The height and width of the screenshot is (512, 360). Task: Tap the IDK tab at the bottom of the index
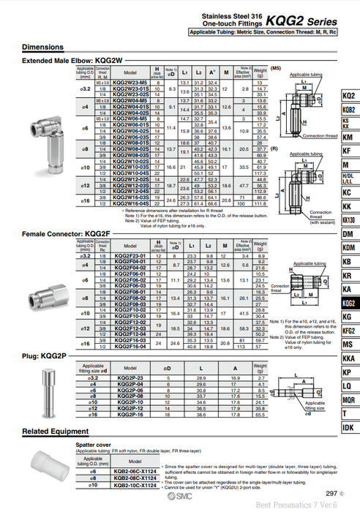tap(348, 426)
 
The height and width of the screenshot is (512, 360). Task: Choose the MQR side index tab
tap(348, 399)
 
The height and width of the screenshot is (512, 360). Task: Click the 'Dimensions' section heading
tap(42, 47)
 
